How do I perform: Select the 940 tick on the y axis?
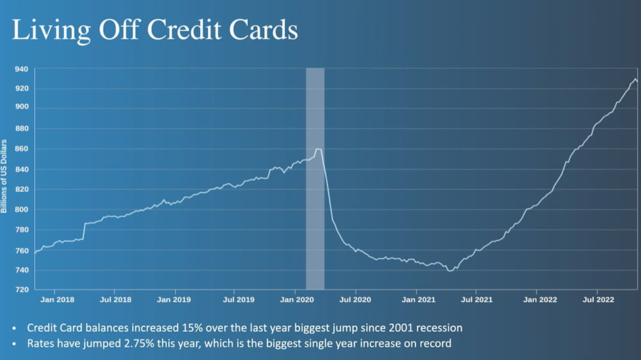[21, 69]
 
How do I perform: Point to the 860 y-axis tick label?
[21, 149]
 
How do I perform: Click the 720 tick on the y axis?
[21, 290]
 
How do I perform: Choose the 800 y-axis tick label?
[21, 210]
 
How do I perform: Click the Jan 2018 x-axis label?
[57, 300]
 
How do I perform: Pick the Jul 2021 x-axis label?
[478, 300]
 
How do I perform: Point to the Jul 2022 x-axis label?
[598, 300]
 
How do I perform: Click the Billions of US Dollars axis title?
[5, 176]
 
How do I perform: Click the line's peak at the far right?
[635, 79]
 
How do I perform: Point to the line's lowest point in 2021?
[450, 270]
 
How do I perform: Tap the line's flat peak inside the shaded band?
[318, 150]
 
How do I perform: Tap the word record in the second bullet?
[436, 343]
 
